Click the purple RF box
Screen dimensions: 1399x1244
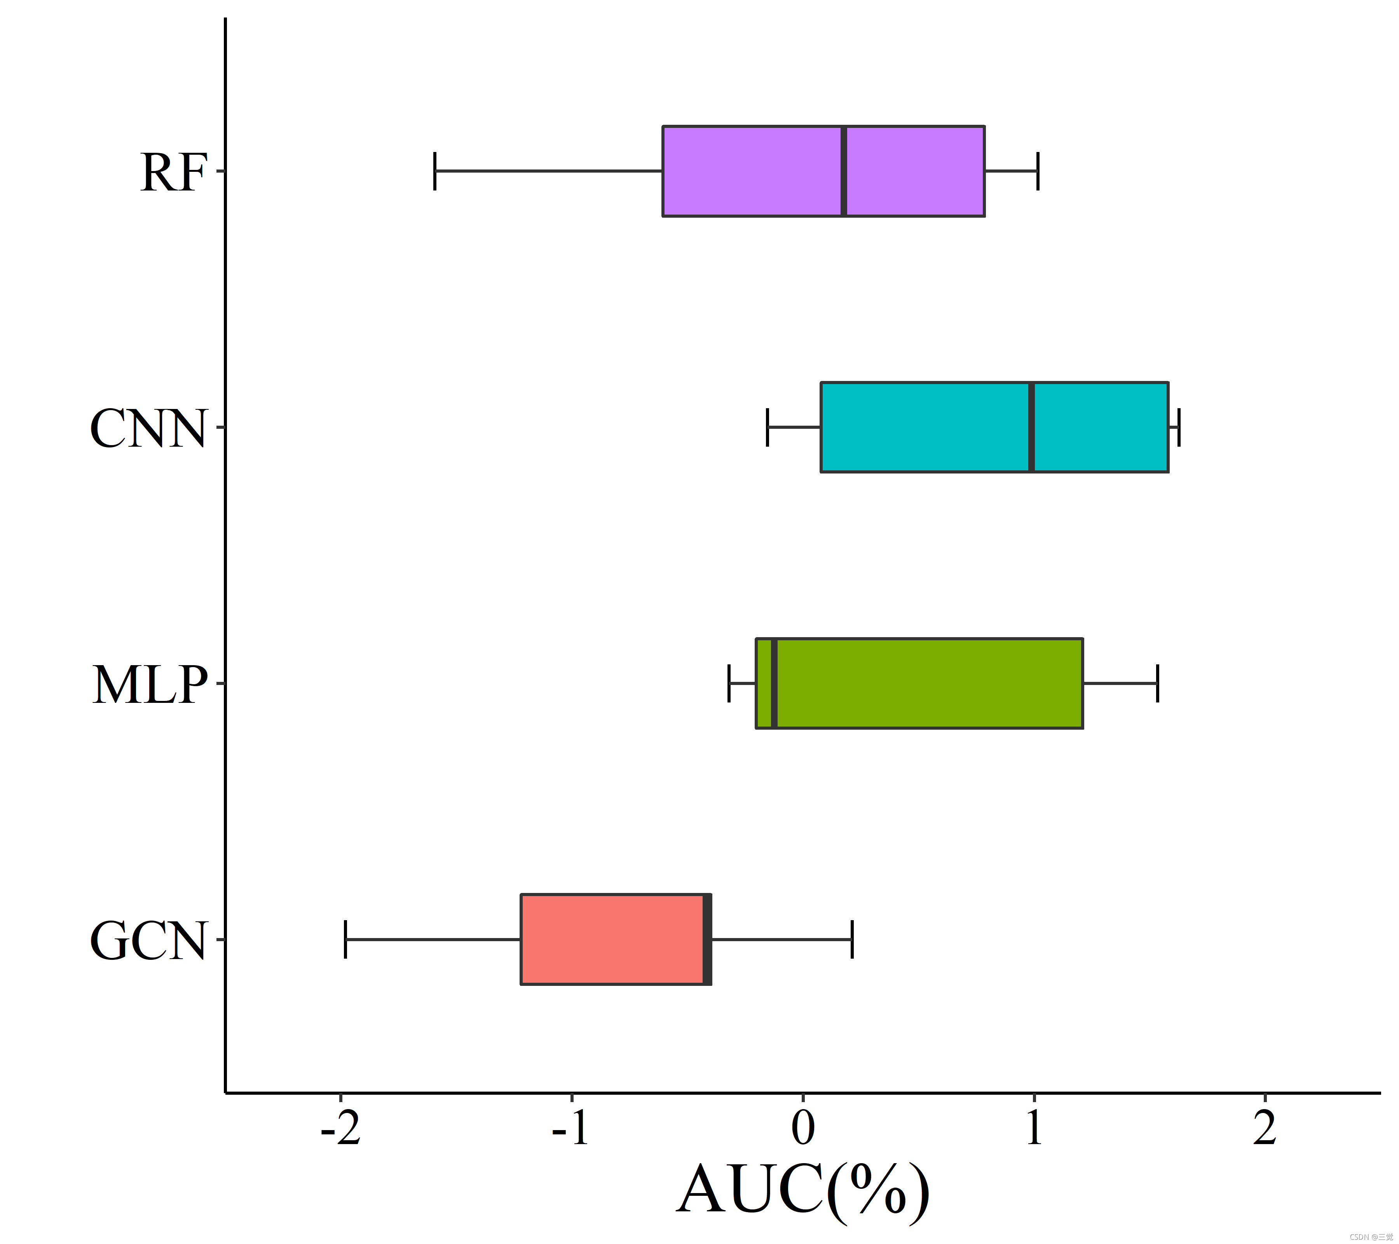tap(823, 171)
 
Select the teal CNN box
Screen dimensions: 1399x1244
tap(994, 427)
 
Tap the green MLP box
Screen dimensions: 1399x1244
tap(919, 683)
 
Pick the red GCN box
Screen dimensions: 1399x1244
tap(616, 939)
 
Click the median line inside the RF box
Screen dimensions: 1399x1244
tap(844, 171)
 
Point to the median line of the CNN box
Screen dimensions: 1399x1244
tap(1031, 427)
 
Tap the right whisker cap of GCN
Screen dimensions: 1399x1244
tap(852, 939)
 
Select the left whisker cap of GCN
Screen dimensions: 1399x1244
tap(345, 939)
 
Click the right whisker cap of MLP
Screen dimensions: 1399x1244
tap(1157, 683)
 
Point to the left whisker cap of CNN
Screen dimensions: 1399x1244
tap(767, 427)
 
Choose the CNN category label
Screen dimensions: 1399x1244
tap(148, 428)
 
